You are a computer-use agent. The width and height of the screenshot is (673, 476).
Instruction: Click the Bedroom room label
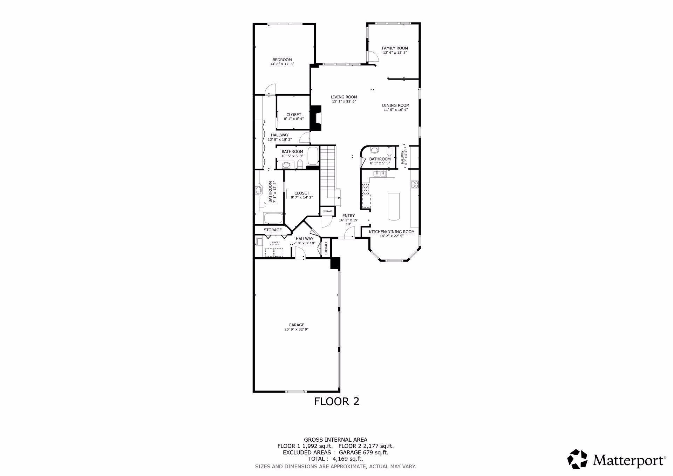[x=282, y=60]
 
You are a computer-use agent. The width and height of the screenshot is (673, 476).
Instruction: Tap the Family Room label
[x=395, y=48]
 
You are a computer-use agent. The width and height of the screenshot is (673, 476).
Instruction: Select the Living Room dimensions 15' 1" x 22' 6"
[x=344, y=102]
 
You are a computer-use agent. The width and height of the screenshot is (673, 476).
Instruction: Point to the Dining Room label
[x=395, y=105]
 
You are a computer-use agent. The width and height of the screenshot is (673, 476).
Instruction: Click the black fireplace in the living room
[x=317, y=118]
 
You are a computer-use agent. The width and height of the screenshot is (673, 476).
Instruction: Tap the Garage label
[x=296, y=325]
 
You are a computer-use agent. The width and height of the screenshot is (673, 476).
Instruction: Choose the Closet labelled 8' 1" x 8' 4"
[x=294, y=117]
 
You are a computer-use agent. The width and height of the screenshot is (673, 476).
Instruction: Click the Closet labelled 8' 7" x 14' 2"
[x=301, y=195]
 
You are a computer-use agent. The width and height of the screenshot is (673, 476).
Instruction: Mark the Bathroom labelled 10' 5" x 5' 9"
[x=292, y=154]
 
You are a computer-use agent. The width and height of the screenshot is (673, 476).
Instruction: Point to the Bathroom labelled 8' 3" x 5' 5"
[x=380, y=161]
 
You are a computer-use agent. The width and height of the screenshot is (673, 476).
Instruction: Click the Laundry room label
[x=275, y=243]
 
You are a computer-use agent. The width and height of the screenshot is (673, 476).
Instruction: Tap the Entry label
[x=348, y=216]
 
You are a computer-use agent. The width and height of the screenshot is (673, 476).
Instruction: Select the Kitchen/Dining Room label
[x=392, y=232]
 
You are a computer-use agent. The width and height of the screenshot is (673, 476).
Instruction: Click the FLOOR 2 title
[x=336, y=401]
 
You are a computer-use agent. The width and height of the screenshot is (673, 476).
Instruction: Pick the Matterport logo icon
[x=577, y=459]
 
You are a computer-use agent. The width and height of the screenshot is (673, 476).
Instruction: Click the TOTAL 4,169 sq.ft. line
[x=336, y=458]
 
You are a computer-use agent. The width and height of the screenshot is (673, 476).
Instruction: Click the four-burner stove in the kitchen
[x=415, y=184]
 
